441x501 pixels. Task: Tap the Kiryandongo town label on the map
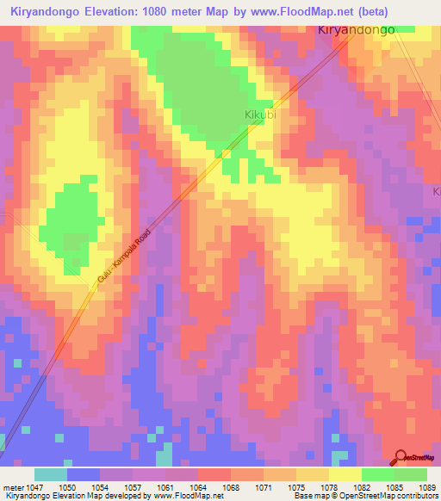point(357,29)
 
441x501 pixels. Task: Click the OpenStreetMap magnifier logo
point(401,458)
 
